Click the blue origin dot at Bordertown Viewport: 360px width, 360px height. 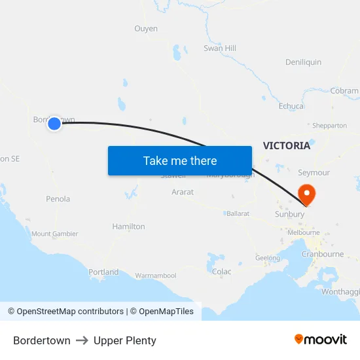click(x=54, y=123)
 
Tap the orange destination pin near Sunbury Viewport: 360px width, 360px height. click(x=306, y=194)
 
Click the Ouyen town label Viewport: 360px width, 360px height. click(x=146, y=29)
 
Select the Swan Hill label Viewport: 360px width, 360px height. click(x=220, y=48)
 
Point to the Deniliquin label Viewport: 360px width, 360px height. click(x=303, y=62)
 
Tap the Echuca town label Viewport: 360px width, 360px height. click(x=291, y=106)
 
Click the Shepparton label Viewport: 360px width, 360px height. click(x=329, y=125)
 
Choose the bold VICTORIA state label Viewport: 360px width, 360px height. click(x=287, y=145)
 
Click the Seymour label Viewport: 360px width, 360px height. click(x=314, y=173)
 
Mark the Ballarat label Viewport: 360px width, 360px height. click(x=238, y=213)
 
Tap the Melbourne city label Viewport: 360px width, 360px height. click(x=304, y=232)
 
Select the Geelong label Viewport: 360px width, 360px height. click(x=268, y=258)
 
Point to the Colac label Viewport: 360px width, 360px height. click(x=222, y=272)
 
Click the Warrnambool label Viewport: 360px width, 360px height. click(x=156, y=276)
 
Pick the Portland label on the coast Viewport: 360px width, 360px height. click(x=103, y=272)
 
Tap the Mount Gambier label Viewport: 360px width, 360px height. click(x=55, y=234)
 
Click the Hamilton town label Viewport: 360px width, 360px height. click(x=128, y=226)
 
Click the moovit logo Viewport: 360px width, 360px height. click(x=321, y=339)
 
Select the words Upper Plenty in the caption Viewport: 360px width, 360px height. click(x=125, y=340)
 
